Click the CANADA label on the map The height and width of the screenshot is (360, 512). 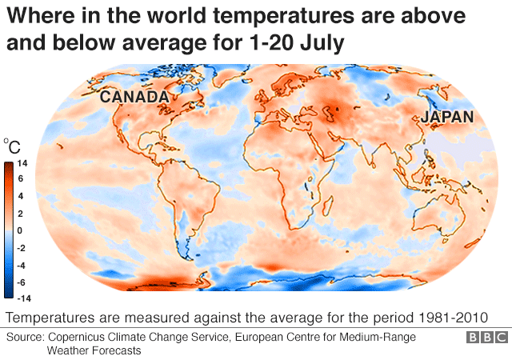click(x=134, y=98)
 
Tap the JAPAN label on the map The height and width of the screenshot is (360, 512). click(x=448, y=117)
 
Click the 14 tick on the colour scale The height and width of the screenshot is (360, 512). click(x=22, y=163)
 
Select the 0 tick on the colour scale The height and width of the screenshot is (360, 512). click(x=22, y=230)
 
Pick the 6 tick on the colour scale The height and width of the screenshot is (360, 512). click(x=22, y=179)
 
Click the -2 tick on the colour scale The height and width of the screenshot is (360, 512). click(x=23, y=247)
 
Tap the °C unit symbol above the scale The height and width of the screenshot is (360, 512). click(x=12, y=146)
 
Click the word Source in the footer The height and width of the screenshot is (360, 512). click(x=24, y=337)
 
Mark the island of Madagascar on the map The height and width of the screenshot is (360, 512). click(x=326, y=206)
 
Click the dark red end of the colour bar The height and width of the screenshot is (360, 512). click(x=8, y=166)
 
